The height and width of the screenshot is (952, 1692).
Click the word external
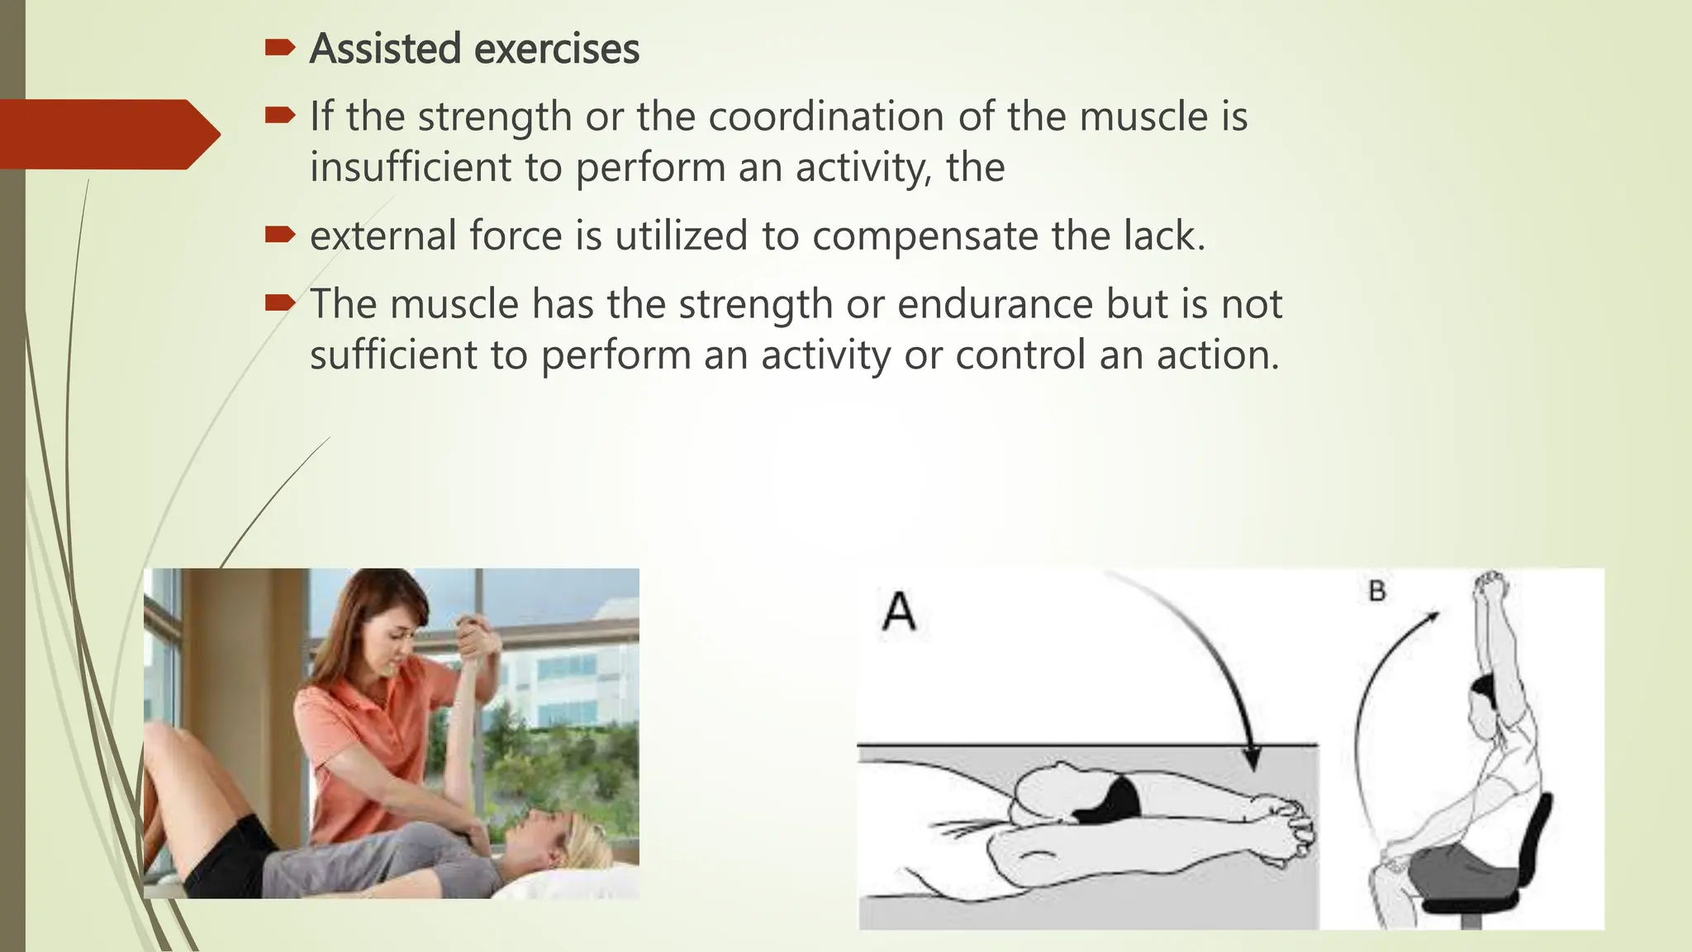(x=383, y=236)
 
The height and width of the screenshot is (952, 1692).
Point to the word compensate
(x=924, y=237)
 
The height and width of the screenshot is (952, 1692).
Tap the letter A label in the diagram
(x=899, y=612)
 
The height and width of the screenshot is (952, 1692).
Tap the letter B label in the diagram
(x=1376, y=591)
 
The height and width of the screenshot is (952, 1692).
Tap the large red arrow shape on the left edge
(x=107, y=135)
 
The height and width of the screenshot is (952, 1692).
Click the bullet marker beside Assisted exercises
(x=279, y=49)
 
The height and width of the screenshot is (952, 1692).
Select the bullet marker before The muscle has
(x=279, y=304)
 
